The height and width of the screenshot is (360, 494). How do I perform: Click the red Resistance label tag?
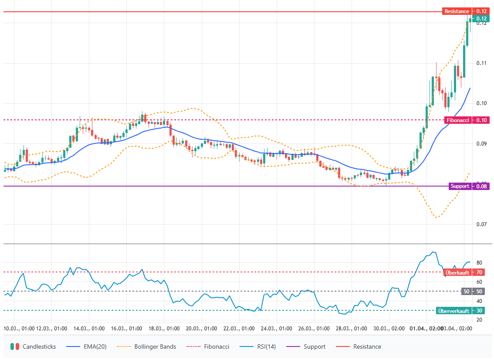point(457,11)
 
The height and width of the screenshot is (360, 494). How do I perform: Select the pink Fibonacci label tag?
point(458,120)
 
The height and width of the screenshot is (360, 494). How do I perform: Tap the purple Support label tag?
point(460,186)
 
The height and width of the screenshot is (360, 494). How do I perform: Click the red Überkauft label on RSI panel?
point(457,272)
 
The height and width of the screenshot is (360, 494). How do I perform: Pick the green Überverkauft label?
point(453,311)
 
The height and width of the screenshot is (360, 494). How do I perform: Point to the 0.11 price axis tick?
point(481,63)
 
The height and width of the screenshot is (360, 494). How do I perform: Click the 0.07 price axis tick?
point(481,224)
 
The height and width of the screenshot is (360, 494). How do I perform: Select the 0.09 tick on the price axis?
point(481,144)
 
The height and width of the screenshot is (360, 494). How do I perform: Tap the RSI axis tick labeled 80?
point(479,263)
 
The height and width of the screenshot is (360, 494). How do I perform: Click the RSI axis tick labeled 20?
point(479,320)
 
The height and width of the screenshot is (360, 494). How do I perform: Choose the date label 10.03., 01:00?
point(19,328)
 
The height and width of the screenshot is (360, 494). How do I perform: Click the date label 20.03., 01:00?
point(202,328)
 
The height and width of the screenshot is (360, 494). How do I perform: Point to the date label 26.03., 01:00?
point(314,328)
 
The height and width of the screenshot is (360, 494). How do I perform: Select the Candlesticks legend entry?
point(34,347)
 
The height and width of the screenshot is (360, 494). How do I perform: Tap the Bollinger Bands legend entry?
point(149,347)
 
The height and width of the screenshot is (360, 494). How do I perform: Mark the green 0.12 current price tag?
point(481,19)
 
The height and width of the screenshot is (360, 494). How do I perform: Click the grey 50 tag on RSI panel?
point(467,292)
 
